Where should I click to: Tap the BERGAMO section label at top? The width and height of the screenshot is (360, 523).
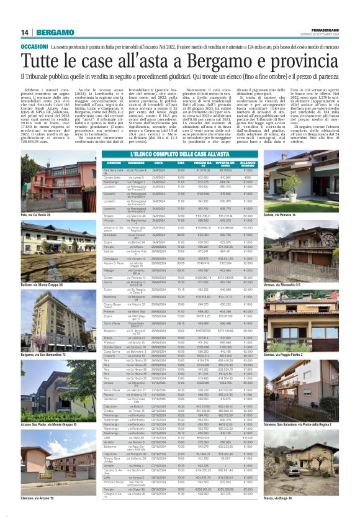pos(53,32)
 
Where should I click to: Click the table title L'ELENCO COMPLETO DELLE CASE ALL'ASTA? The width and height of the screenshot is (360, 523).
pos(179,153)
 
